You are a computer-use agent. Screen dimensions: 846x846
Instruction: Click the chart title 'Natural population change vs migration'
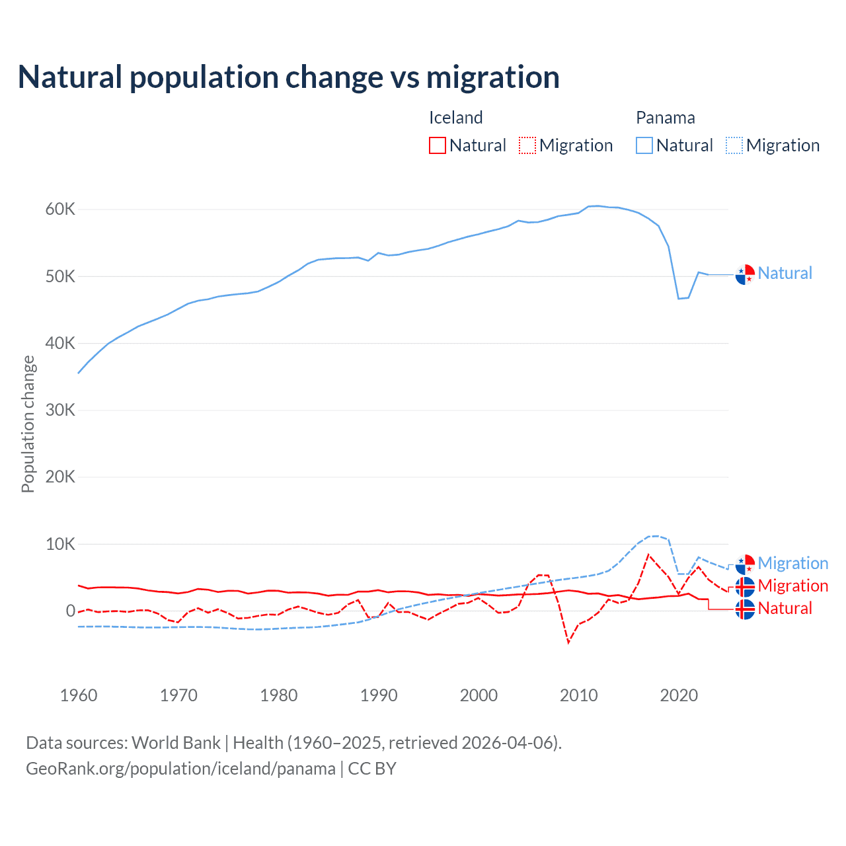[x=288, y=77]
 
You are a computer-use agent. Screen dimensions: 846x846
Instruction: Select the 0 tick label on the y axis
[x=70, y=611]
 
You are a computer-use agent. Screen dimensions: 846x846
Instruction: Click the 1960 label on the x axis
[x=79, y=695]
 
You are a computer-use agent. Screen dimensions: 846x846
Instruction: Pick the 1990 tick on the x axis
[x=379, y=695]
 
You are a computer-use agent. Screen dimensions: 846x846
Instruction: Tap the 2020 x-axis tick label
[x=679, y=695]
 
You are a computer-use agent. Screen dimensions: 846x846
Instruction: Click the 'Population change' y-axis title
[x=28, y=424]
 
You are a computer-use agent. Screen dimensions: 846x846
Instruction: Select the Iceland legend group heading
[x=456, y=118]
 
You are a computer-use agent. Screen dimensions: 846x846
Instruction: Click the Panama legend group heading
[x=665, y=118]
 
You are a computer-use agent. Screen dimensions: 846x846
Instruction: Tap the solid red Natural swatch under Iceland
[x=438, y=145]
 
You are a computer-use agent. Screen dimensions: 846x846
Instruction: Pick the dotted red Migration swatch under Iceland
[x=527, y=145]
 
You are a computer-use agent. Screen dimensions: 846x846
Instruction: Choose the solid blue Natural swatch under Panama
[x=644, y=145]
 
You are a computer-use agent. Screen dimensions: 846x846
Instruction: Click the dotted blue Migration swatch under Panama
[x=734, y=145]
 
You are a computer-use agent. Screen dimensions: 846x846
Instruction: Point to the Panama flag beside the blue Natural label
[x=745, y=274]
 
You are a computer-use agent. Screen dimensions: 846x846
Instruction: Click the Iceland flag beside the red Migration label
[x=745, y=586]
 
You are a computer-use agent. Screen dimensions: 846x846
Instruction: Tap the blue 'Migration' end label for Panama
[x=792, y=563]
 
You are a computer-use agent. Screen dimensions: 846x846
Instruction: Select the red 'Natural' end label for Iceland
[x=785, y=608]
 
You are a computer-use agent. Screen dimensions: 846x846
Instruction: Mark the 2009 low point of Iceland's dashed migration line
[x=568, y=642]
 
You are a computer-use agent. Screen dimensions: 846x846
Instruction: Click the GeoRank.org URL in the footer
[x=180, y=769]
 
